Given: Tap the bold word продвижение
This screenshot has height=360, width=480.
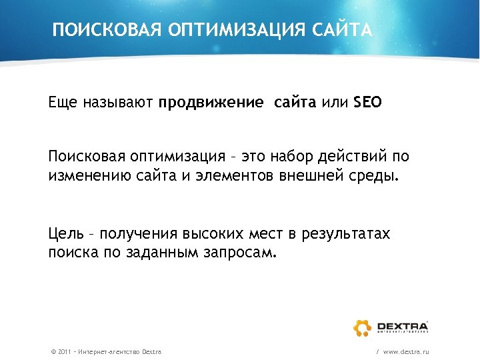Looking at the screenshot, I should tap(211, 103).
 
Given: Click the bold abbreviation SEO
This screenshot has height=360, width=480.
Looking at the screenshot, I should tap(367, 103).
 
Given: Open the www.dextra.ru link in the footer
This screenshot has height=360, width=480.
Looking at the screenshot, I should tap(407, 351).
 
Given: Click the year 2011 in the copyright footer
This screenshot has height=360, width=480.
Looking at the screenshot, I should tap(65, 351).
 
